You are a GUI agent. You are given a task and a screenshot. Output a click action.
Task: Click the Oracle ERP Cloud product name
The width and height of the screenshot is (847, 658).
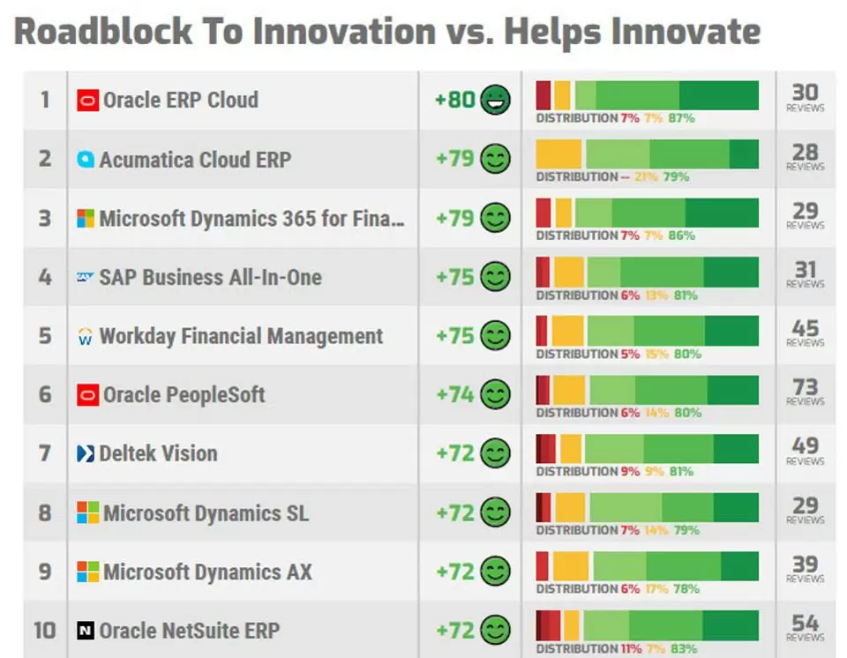[x=181, y=100]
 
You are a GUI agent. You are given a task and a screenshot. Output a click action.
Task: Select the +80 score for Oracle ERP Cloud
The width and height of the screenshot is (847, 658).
[x=455, y=100]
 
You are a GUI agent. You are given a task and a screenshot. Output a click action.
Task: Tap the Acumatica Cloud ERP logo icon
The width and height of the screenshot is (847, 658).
[x=86, y=160]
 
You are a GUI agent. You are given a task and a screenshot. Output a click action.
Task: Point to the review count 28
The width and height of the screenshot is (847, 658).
[x=805, y=153]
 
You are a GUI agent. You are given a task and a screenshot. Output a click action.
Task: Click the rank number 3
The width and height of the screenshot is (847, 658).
[x=45, y=218]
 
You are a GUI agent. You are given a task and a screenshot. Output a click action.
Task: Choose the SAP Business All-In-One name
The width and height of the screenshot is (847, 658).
[x=210, y=277]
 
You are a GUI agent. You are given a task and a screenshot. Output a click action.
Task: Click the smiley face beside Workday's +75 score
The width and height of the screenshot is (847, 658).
[x=495, y=336]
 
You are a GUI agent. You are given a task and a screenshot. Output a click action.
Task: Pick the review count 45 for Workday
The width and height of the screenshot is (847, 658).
[x=805, y=329]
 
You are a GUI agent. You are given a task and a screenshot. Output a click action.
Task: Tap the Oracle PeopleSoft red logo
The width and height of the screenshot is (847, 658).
[x=87, y=395]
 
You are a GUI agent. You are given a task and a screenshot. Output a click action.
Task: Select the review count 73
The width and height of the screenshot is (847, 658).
[x=805, y=388]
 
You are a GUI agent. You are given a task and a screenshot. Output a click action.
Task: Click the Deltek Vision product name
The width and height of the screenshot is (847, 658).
[x=158, y=453]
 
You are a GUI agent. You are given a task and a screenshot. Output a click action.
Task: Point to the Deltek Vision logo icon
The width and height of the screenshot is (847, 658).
[x=86, y=454]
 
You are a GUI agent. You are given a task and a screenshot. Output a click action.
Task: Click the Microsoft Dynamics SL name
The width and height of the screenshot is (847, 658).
[x=206, y=512]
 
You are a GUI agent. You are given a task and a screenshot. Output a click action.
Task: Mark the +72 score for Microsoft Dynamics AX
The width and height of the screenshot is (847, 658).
[x=455, y=572]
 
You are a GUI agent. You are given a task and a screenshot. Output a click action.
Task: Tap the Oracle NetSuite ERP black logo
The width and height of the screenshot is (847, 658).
[x=86, y=631]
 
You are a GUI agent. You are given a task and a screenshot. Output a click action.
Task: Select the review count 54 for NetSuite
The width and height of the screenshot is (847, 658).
[x=805, y=624]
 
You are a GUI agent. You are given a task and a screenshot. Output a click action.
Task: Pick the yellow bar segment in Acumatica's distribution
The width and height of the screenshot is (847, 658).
[x=559, y=153]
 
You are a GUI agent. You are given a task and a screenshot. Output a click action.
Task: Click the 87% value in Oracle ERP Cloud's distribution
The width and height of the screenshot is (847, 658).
[x=681, y=117]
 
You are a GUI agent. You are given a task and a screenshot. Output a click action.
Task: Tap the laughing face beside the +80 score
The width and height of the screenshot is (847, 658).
[x=495, y=100]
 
